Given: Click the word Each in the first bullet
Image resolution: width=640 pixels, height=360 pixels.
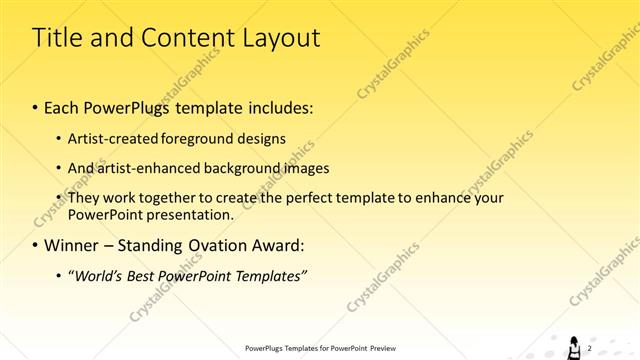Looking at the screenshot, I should pyautogui.click(x=65, y=107).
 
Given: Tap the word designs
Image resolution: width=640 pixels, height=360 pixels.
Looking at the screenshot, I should pyautogui.click(x=264, y=138).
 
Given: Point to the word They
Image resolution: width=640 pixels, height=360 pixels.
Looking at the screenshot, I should pyautogui.click(x=85, y=198).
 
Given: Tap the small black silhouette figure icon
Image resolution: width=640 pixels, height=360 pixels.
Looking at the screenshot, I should pyautogui.click(x=575, y=345).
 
